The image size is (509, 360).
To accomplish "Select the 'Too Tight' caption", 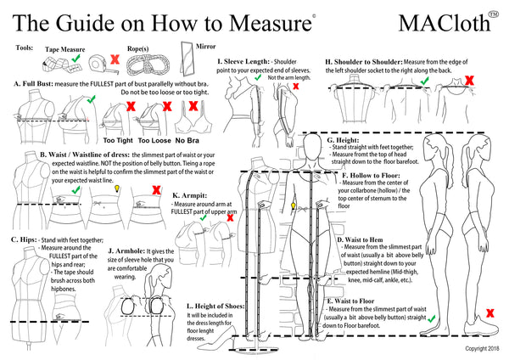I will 119,140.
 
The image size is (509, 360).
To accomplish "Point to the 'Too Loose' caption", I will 156,140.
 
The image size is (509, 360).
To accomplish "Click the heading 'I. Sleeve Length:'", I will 243,62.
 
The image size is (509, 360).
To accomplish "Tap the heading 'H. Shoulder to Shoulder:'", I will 363,62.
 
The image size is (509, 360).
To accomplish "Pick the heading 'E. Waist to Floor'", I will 357,301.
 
